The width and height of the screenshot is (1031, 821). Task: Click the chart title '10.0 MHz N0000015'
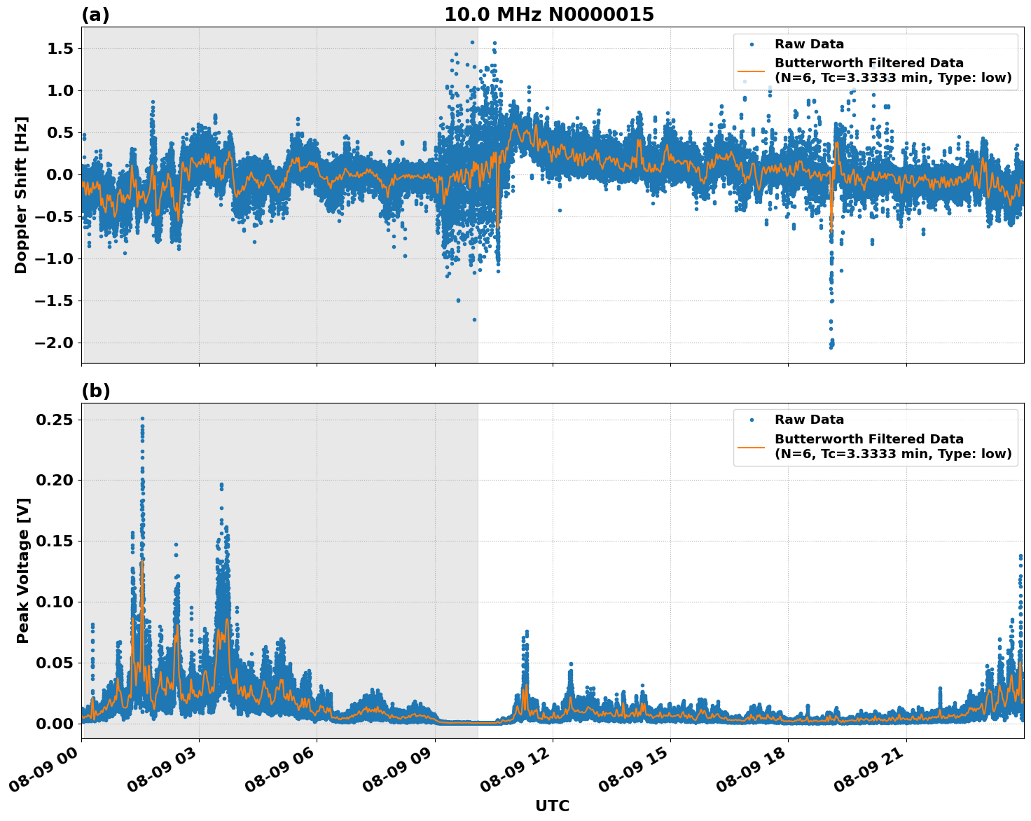[x=549, y=15]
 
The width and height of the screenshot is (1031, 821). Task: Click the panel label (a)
[x=95, y=15]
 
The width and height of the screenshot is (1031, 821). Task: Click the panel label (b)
[x=95, y=391]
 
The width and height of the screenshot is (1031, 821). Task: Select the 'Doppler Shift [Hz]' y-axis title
[x=21, y=195]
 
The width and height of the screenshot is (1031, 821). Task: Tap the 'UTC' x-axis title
[x=552, y=806]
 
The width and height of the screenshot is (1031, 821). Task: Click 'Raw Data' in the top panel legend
[x=809, y=44]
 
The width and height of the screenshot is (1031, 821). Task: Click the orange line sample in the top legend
[x=751, y=71]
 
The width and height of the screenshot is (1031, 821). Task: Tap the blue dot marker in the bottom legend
[x=751, y=420]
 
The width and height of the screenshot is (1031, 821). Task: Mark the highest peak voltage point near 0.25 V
[x=142, y=419]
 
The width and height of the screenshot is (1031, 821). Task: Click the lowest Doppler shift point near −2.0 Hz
[x=831, y=346]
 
